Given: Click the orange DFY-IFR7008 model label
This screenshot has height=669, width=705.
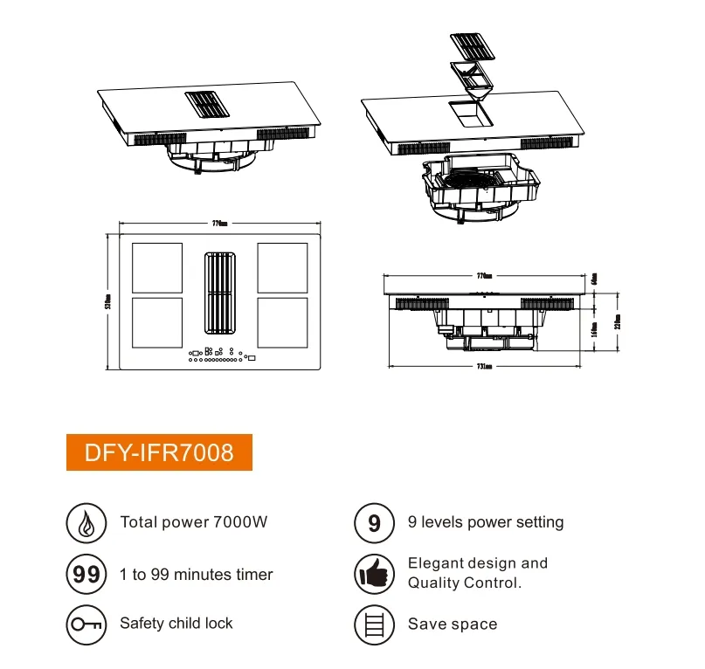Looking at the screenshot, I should [x=159, y=452].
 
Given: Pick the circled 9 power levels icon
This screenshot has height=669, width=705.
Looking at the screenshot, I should [x=374, y=522].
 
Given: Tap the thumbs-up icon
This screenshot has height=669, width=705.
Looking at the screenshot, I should [x=374, y=574].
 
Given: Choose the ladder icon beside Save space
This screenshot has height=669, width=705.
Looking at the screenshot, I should [x=374, y=624].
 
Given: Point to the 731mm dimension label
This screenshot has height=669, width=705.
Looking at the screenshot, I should [x=486, y=367].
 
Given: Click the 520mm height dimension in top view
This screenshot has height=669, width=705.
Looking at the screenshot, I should [x=107, y=301].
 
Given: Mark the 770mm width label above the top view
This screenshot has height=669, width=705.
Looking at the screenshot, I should [x=219, y=224].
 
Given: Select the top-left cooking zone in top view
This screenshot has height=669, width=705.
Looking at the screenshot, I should [x=156, y=268].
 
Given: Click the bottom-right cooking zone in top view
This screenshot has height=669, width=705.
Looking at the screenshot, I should [x=282, y=322].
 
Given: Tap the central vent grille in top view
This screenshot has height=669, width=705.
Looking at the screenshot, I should [x=219, y=294].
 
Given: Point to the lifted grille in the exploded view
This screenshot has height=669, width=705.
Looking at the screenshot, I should [x=478, y=45].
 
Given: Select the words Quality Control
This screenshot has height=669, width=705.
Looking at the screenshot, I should [x=464, y=583].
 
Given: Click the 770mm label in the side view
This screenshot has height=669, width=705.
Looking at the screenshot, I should [x=484, y=275].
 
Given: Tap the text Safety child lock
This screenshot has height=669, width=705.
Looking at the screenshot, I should [x=176, y=624].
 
